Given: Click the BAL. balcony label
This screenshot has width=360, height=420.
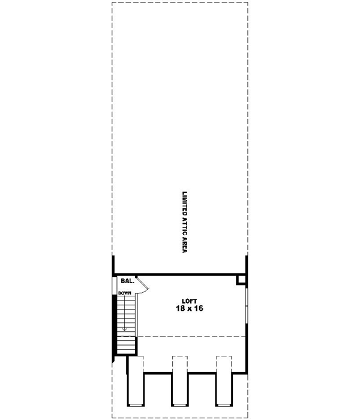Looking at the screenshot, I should pos(127,281).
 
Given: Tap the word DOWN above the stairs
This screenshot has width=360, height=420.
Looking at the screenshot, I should pos(124,293).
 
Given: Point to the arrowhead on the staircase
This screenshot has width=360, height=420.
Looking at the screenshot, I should pos(124,328).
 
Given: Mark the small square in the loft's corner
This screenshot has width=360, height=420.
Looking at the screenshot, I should pos(241,279).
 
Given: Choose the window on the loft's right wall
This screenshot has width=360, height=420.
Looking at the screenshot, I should pos(247,306).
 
